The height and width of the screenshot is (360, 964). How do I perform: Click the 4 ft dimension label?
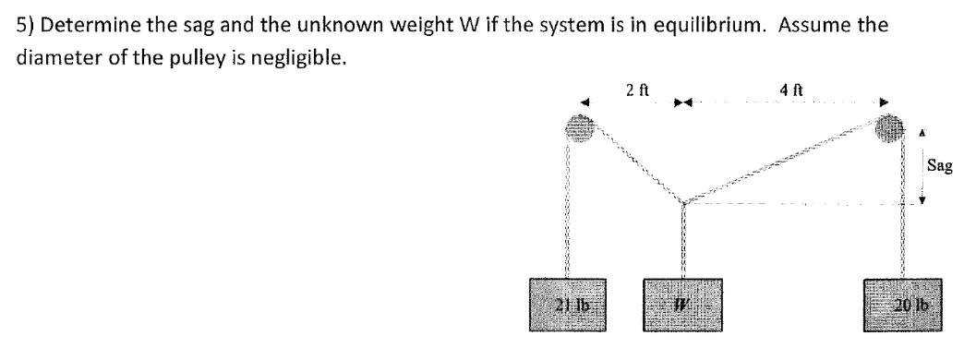pos(793,90)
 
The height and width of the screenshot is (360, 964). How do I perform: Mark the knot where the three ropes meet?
pos(682,200)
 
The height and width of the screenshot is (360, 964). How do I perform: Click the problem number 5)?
pos(26,24)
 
